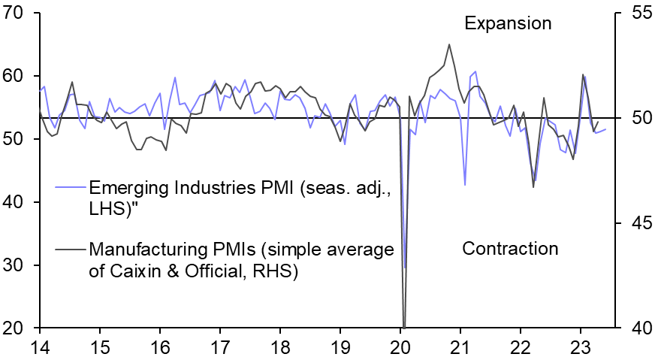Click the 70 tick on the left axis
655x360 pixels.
20,13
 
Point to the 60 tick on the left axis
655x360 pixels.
20,76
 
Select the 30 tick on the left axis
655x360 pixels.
20,265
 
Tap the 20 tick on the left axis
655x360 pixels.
20,328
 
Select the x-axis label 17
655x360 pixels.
219,347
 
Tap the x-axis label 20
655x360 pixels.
400,347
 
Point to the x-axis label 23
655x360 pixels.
580,347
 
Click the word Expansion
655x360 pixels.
508,23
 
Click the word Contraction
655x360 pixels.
510,249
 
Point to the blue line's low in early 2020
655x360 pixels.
405,268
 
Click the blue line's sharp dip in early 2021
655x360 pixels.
465,185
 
